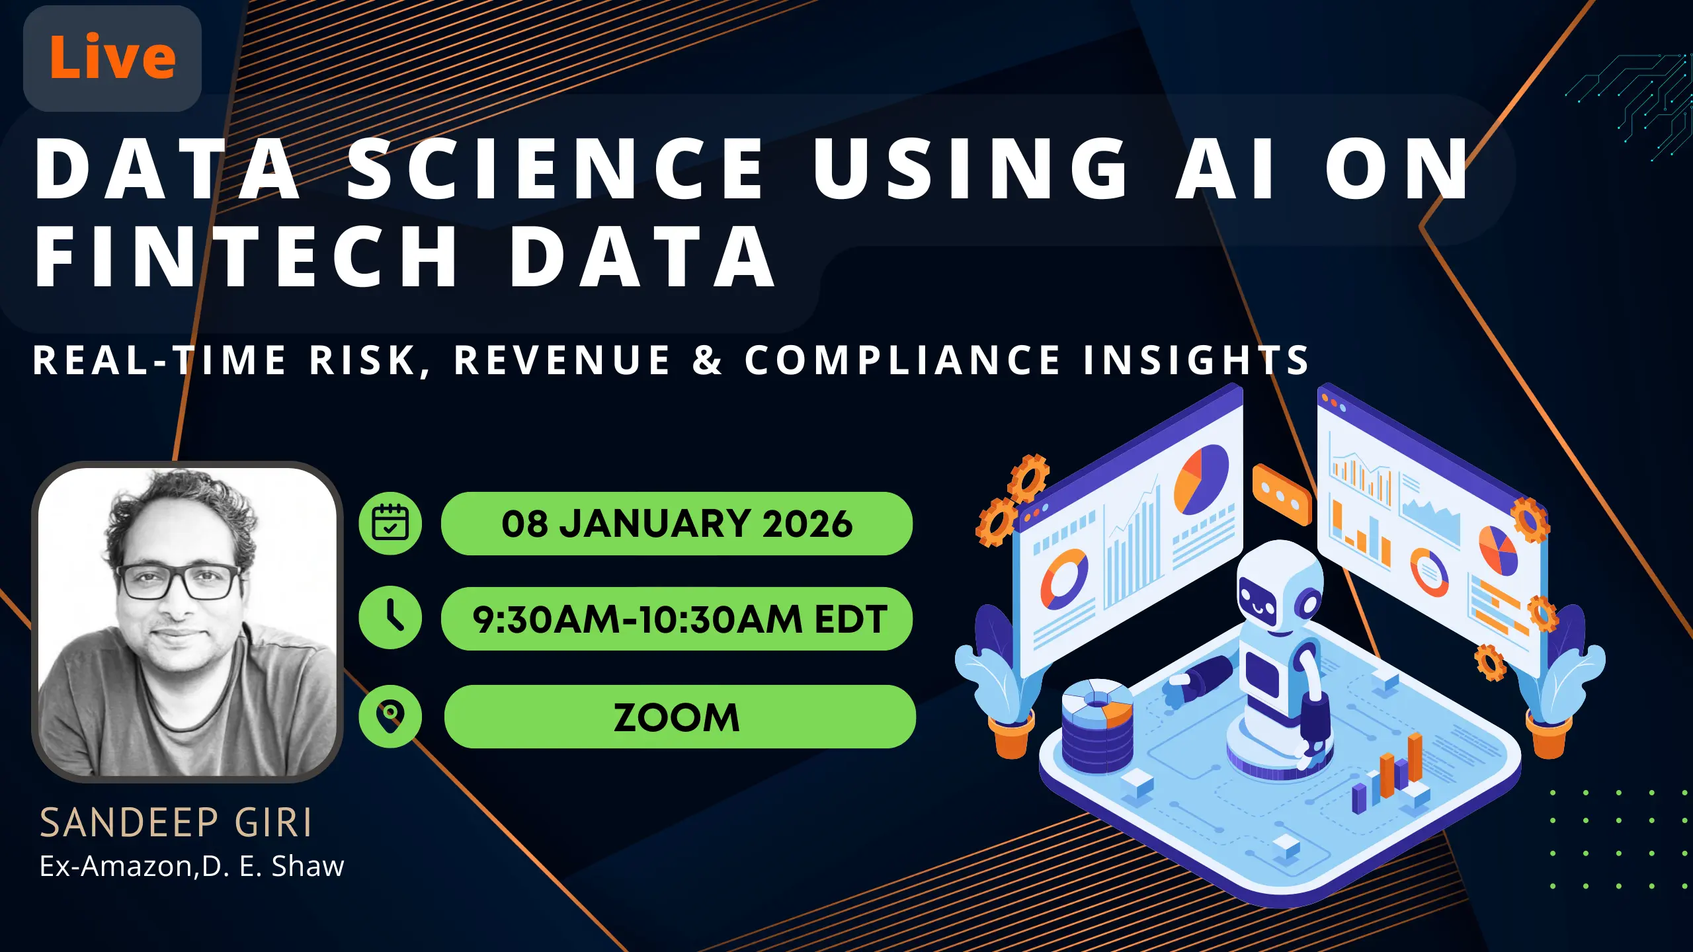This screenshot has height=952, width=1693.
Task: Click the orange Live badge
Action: tap(112, 58)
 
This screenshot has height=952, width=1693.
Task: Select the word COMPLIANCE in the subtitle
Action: tap(902, 360)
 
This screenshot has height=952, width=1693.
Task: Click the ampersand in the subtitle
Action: tap(707, 360)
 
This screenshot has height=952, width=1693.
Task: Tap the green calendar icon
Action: tap(390, 523)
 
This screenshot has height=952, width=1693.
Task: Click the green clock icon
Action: tap(390, 617)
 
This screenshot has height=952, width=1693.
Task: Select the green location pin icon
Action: tap(390, 716)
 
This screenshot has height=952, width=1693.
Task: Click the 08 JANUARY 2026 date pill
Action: tap(677, 523)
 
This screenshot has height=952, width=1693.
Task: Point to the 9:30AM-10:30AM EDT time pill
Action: tap(677, 619)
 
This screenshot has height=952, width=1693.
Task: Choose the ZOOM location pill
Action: tap(679, 717)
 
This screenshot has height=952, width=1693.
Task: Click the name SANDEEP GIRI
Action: tap(175, 823)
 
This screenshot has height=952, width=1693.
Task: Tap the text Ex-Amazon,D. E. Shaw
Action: tap(192, 866)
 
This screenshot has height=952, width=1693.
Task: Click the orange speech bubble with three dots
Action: tap(1281, 495)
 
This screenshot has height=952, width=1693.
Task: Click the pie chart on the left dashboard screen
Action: tap(1201, 479)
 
